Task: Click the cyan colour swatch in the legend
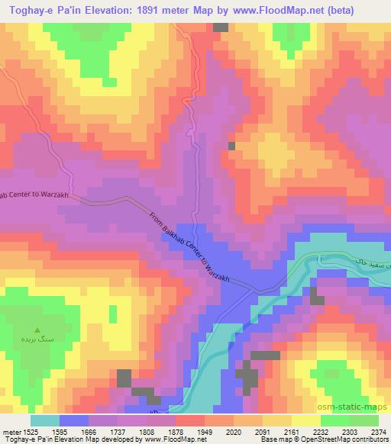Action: (45, 420)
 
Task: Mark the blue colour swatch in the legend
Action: (74, 420)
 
